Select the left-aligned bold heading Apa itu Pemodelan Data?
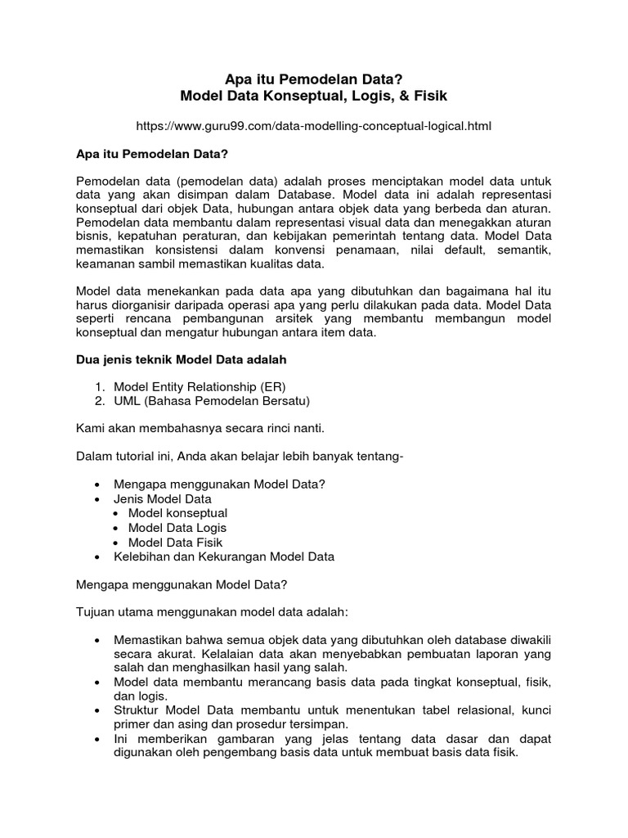coord(151,154)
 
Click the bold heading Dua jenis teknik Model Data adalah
coord(181,359)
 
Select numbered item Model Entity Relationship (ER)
coord(200,386)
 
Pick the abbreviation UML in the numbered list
coord(127,400)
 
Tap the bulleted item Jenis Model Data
coord(163,498)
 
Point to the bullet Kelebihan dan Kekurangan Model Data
coord(224,556)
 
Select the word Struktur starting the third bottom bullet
coord(137,710)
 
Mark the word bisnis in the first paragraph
coord(92,235)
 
